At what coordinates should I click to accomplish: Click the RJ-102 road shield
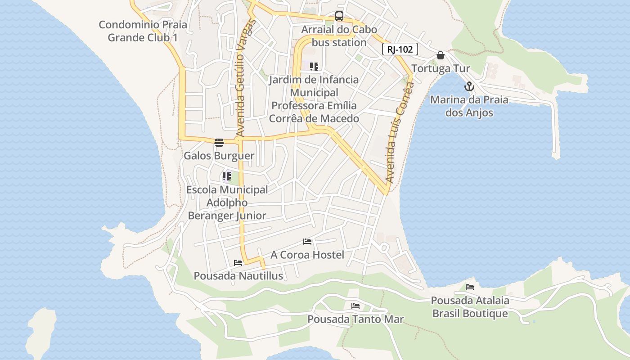click(x=400, y=49)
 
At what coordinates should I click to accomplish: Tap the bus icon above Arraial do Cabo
click(x=339, y=17)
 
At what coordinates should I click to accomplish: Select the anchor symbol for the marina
click(x=469, y=86)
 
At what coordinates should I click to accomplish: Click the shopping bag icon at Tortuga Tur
click(x=441, y=55)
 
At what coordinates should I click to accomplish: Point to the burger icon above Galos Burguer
click(x=219, y=143)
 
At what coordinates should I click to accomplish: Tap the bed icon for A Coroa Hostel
click(x=307, y=242)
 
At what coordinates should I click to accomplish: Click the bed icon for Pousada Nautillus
click(x=238, y=263)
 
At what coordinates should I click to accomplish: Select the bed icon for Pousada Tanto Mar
click(x=355, y=306)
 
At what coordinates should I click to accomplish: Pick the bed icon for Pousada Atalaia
click(x=470, y=287)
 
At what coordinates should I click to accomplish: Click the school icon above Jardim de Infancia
click(x=314, y=67)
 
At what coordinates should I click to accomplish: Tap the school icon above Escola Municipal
click(x=227, y=176)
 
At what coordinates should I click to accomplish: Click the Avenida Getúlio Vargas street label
click(x=244, y=78)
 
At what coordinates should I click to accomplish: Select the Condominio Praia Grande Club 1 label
click(x=143, y=31)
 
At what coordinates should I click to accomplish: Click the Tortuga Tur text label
click(x=441, y=69)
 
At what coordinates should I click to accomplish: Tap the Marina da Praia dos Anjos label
click(x=469, y=106)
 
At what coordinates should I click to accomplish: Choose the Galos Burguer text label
click(x=219, y=156)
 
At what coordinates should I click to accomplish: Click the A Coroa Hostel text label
click(x=307, y=255)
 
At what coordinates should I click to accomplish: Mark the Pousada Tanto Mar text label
click(x=355, y=319)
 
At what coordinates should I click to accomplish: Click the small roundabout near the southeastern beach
click(x=384, y=247)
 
